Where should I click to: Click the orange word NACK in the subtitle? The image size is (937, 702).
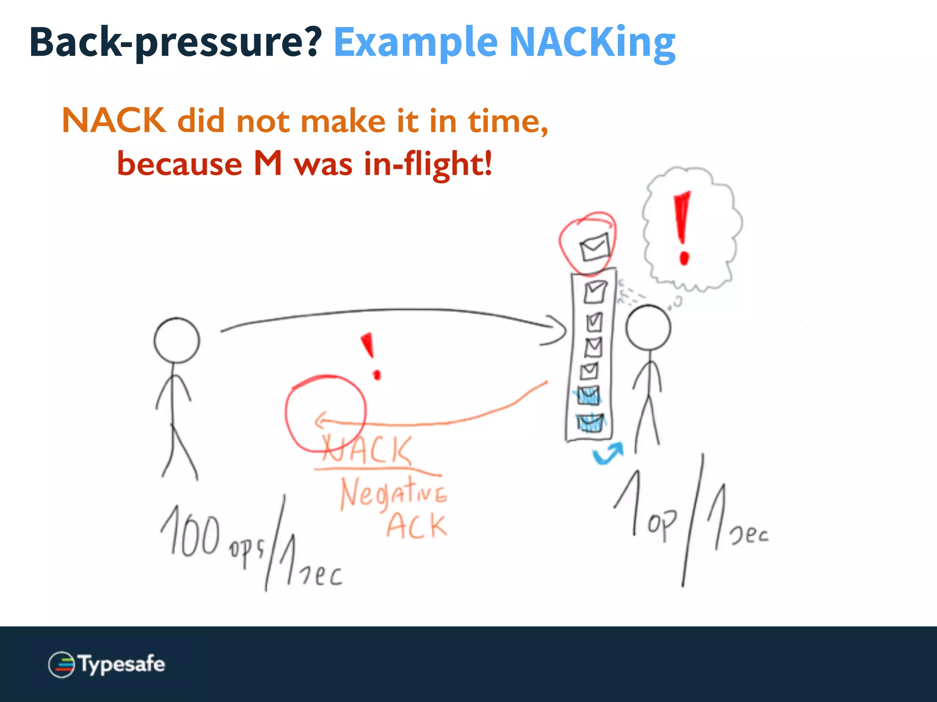pyautogui.click(x=114, y=121)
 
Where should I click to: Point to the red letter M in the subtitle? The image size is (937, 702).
pyautogui.click(x=268, y=164)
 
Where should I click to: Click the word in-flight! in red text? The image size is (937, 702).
pyautogui.click(x=428, y=164)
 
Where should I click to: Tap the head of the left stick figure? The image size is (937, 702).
pyautogui.click(x=177, y=340)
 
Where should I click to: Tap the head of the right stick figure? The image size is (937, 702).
pyautogui.click(x=648, y=328)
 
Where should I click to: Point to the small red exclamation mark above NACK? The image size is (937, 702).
pyautogui.click(x=372, y=356)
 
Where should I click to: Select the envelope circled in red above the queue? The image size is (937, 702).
pyautogui.click(x=594, y=247)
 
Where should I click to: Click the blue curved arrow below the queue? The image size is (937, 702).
pyautogui.click(x=608, y=453)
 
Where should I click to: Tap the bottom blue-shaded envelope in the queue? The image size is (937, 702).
pyautogui.click(x=590, y=423)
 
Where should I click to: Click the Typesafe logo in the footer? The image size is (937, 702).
pyautogui.click(x=107, y=664)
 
